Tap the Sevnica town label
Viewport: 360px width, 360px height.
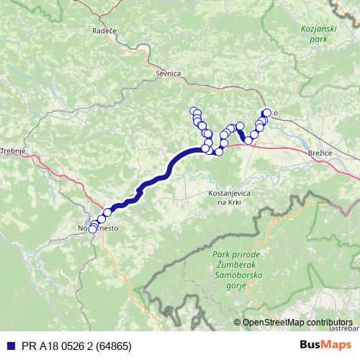point(167,73)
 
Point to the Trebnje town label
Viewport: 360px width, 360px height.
point(13,150)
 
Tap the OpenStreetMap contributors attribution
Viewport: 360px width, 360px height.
point(297,322)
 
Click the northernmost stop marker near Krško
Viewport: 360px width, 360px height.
point(267,112)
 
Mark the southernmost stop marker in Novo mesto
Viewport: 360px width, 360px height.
point(92,230)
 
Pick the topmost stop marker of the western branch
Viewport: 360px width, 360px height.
point(193,111)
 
